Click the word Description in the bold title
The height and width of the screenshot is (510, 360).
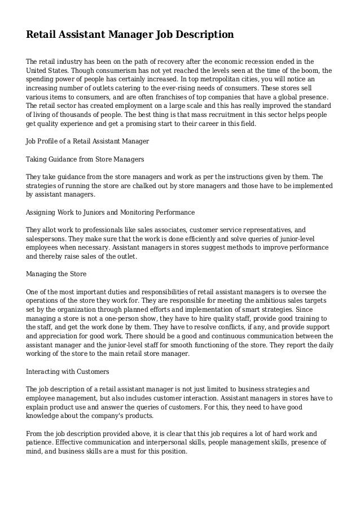(x=201, y=35)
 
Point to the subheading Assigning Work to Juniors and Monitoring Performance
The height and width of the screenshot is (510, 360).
(x=111, y=212)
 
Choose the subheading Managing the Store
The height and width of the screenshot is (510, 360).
(x=56, y=274)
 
